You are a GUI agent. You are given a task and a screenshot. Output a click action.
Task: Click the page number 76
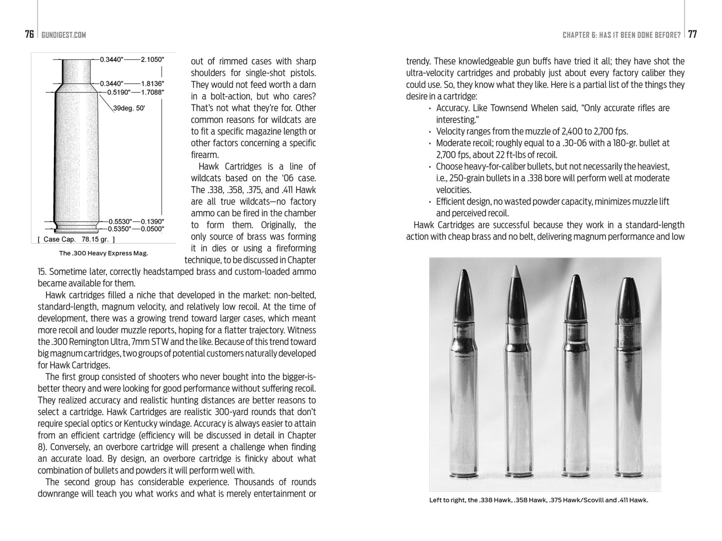click(29, 34)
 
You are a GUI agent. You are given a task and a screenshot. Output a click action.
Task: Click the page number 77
click(693, 34)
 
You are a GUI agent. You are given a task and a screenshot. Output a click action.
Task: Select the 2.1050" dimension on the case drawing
click(152, 59)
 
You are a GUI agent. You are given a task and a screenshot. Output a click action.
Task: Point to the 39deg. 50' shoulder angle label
click(129, 108)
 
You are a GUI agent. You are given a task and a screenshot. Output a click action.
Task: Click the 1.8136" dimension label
click(152, 83)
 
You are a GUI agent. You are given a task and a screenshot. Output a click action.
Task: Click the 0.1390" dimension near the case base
click(152, 221)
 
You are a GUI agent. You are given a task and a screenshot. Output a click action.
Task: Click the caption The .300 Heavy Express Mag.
click(103, 253)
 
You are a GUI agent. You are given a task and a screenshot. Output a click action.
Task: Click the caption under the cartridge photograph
click(538, 500)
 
